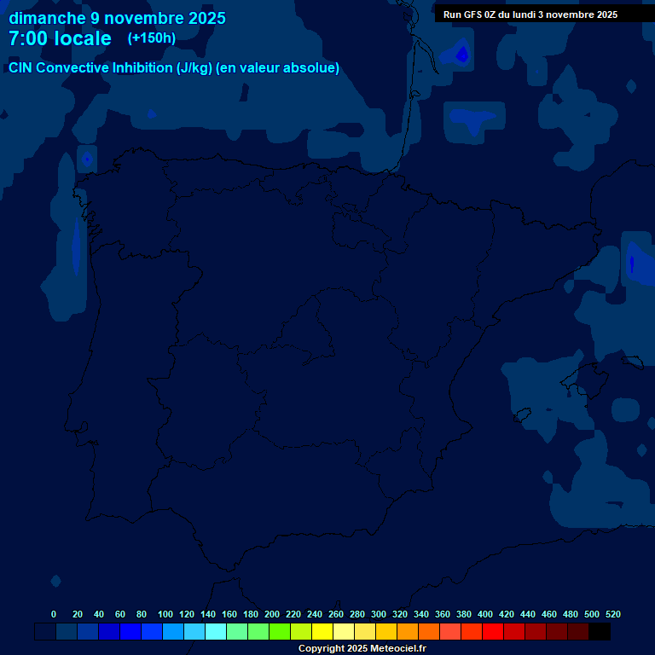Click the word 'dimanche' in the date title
pos(47,18)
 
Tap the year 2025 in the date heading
pos(205,18)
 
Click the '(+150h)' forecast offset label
pos(151,38)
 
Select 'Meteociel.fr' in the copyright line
pos(392,648)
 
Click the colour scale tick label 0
pos(54,614)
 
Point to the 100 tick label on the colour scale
pos(165,614)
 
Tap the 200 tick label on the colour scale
pos(272,614)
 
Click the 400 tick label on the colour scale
pos(485,614)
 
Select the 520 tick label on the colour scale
pos(613,614)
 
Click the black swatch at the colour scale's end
pos(600,632)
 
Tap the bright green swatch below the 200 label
pos(280,632)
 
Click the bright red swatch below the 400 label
pos(493,632)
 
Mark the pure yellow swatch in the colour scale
pos(322,632)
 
